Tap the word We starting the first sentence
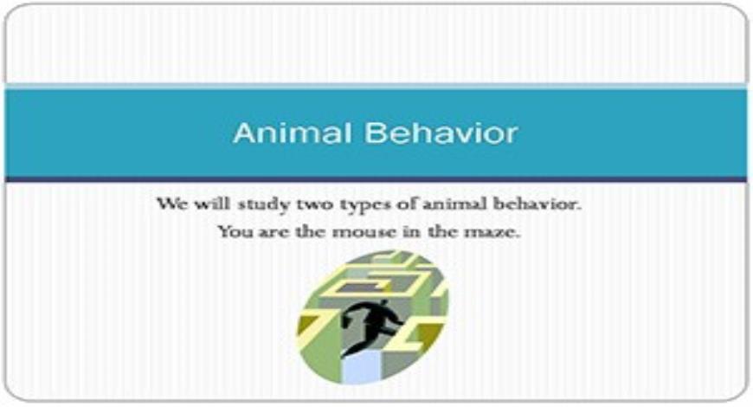click(169, 206)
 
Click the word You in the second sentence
click(231, 232)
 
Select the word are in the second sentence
click(268, 233)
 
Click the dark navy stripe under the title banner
click(376, 179)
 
